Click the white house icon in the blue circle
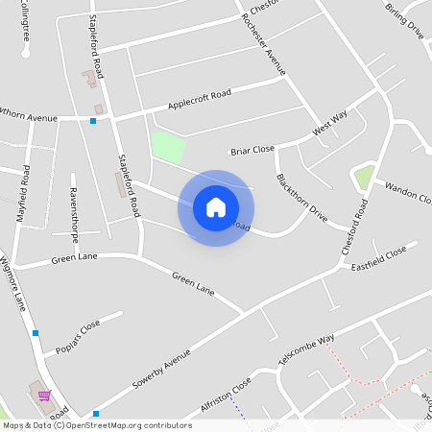tap(216, 207)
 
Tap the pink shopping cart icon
tap(43, 396)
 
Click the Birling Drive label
tap(404, 19)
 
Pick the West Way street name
tap(329, 123)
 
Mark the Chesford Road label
tap(353, 227)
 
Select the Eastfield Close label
tap(378, 257)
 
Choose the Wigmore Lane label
tap(16, 283)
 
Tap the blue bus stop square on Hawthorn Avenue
tap(93, 121)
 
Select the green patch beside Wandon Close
tap(364, 177)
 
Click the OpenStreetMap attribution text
tap(97, 424)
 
